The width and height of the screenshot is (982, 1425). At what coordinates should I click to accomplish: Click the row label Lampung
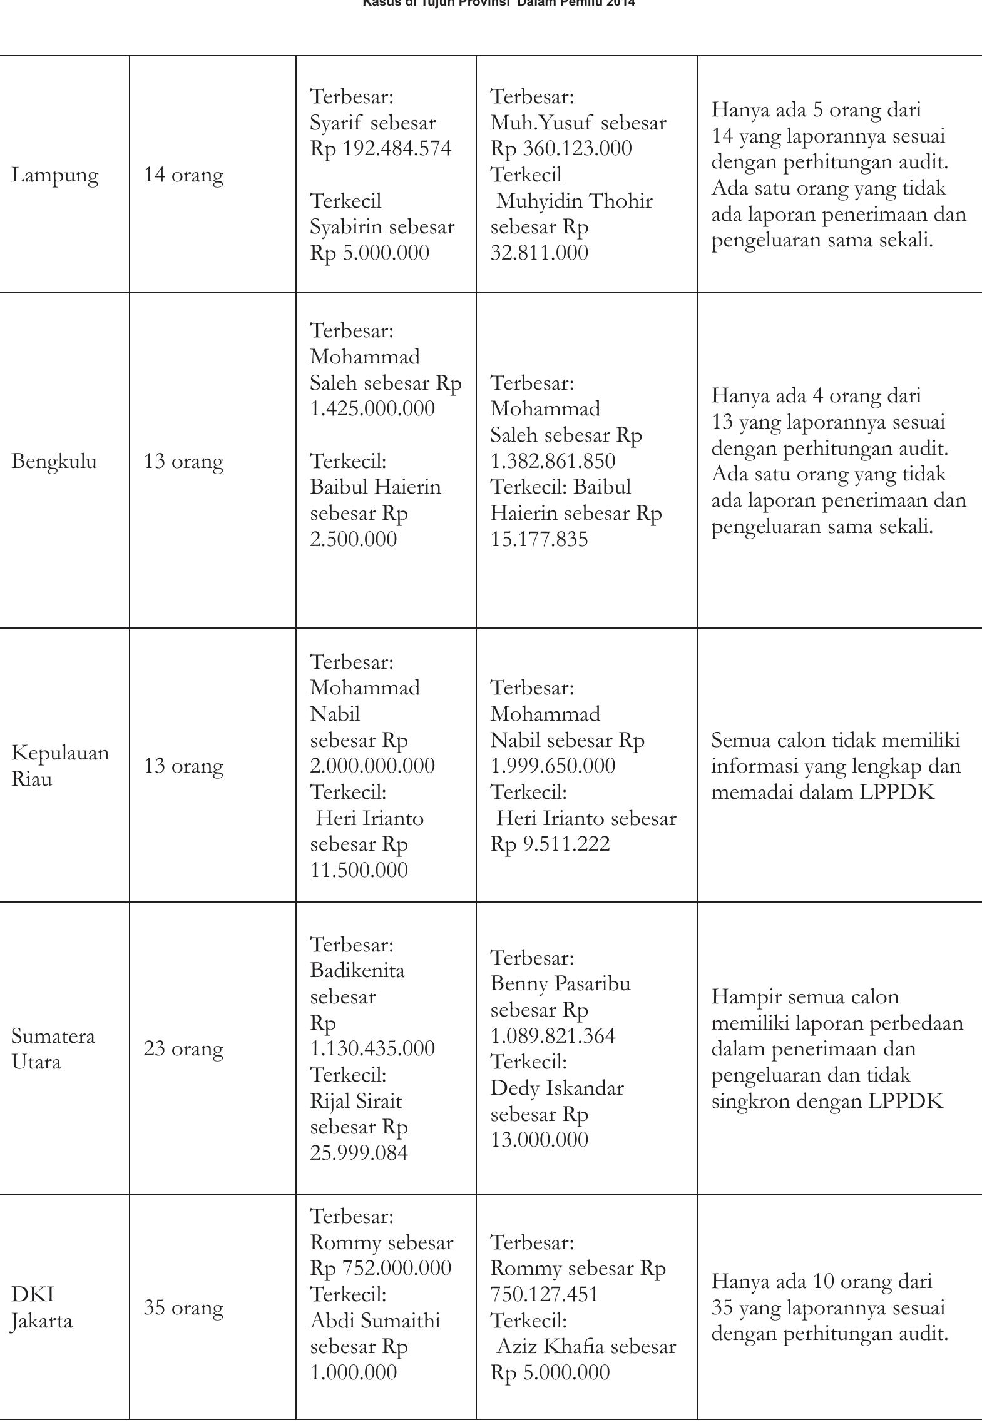55,176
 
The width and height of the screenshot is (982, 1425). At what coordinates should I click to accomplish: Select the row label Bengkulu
54,462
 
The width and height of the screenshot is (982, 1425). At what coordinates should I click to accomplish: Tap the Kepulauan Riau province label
60,766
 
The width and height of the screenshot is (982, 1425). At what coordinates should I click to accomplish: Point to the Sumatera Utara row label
53,1049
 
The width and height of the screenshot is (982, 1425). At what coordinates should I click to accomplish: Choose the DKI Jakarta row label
41,1308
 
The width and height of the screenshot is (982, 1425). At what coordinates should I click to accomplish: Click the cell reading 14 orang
183,175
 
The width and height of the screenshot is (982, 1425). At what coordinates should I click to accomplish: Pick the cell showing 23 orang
183,1049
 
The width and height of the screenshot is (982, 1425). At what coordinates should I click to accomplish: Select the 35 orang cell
183,1308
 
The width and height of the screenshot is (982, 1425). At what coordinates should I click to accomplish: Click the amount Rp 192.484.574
381,149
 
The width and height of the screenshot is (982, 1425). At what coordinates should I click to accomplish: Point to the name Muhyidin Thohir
574,201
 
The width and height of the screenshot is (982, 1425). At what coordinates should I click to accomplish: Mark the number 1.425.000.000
372,409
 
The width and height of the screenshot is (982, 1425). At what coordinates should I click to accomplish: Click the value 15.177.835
539,539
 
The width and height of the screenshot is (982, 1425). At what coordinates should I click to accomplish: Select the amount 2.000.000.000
372,766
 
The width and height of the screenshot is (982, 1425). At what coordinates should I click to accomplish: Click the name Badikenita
357,971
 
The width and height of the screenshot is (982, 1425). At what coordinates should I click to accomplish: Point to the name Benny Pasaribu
560,984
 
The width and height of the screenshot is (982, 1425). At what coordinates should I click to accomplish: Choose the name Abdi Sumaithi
376,1321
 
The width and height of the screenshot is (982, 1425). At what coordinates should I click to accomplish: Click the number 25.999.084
359,1153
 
